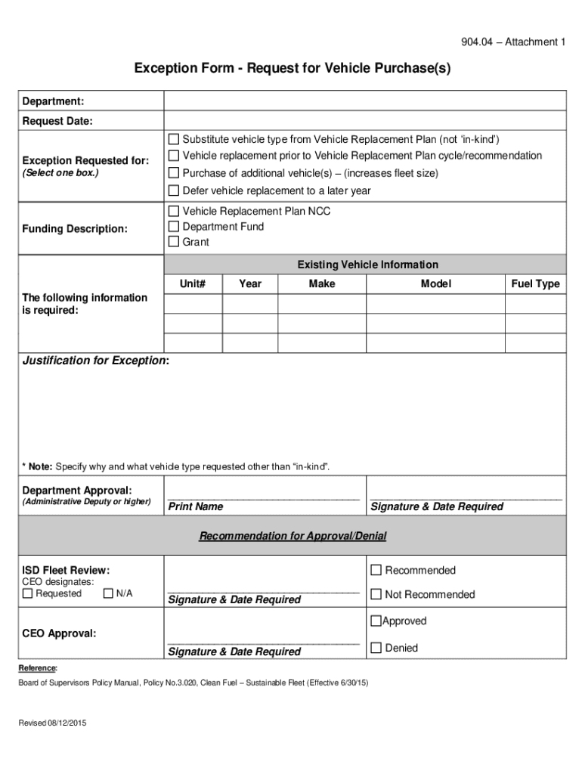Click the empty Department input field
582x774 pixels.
(x=364, y=101)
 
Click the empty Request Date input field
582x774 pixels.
(x=364, y=121)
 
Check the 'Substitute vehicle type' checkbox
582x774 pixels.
(x=174, y=139)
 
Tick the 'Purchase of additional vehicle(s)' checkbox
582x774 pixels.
(x=174, y=173)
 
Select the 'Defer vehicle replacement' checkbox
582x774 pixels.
(x=174, y=190)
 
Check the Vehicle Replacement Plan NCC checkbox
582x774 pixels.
(x=174, y=211)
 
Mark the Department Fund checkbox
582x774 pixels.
(x=174, y=227)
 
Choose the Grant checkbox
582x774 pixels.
(x=174, y=243)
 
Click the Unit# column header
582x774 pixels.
(x=193, y=283)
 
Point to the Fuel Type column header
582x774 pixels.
(x=535, y=283)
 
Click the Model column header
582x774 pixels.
(x=435, y=283)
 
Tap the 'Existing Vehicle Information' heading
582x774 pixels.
(x=367, y=265)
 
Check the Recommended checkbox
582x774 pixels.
(x=376, y=570)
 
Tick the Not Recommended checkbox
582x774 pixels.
(x=376, y=595)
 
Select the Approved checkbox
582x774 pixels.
(x=376, y=621)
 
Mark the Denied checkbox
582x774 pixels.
(x=376, y=648)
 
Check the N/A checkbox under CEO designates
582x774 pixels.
(x=108, y=593)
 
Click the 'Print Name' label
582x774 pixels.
(x=195, y=506)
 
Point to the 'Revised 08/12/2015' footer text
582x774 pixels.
(x=53, y=723)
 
